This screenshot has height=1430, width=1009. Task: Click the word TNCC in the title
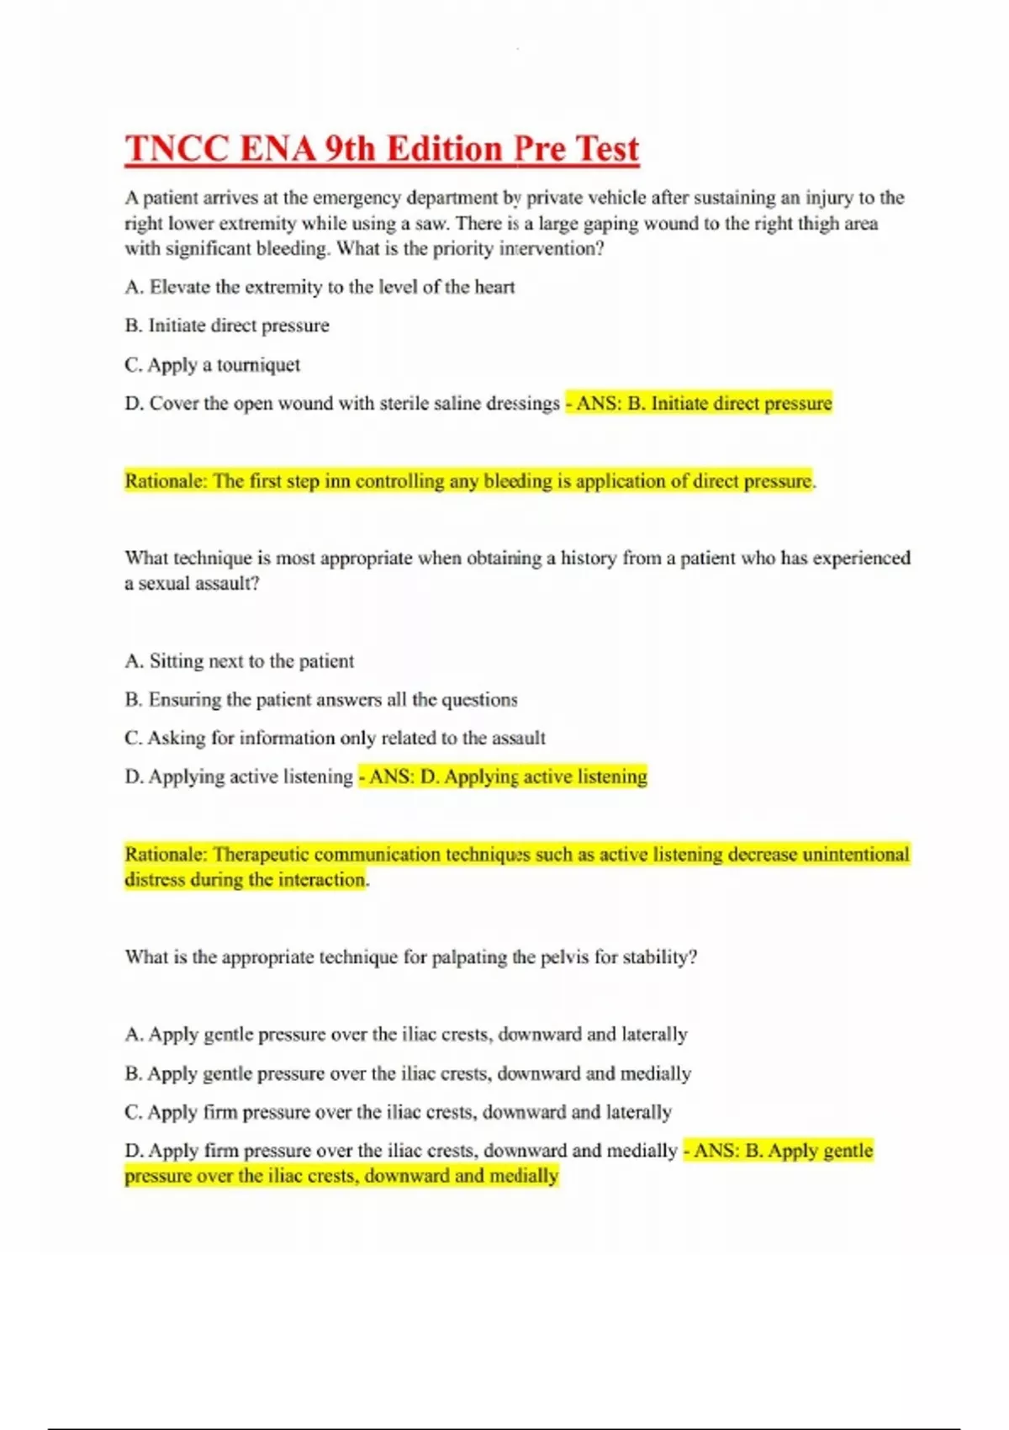coord(177,150)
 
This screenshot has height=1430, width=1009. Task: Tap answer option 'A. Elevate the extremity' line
coord(320,287)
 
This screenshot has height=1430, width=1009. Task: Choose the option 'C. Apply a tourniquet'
coord(212,365)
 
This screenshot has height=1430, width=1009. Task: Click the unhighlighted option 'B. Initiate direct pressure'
coord(227,326)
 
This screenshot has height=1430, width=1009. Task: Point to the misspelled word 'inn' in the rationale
coord(336,481)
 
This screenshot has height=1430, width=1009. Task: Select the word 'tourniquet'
coord(258,365)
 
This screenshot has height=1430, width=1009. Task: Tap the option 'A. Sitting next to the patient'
coord(240,661)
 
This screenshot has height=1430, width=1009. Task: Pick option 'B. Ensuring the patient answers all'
coord(321,700)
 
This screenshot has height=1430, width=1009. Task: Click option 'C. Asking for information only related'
coord(335,739)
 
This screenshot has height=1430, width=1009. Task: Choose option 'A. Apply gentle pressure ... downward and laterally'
coord(406,1035)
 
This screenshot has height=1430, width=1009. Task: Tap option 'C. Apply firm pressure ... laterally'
coord(398,1112)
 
